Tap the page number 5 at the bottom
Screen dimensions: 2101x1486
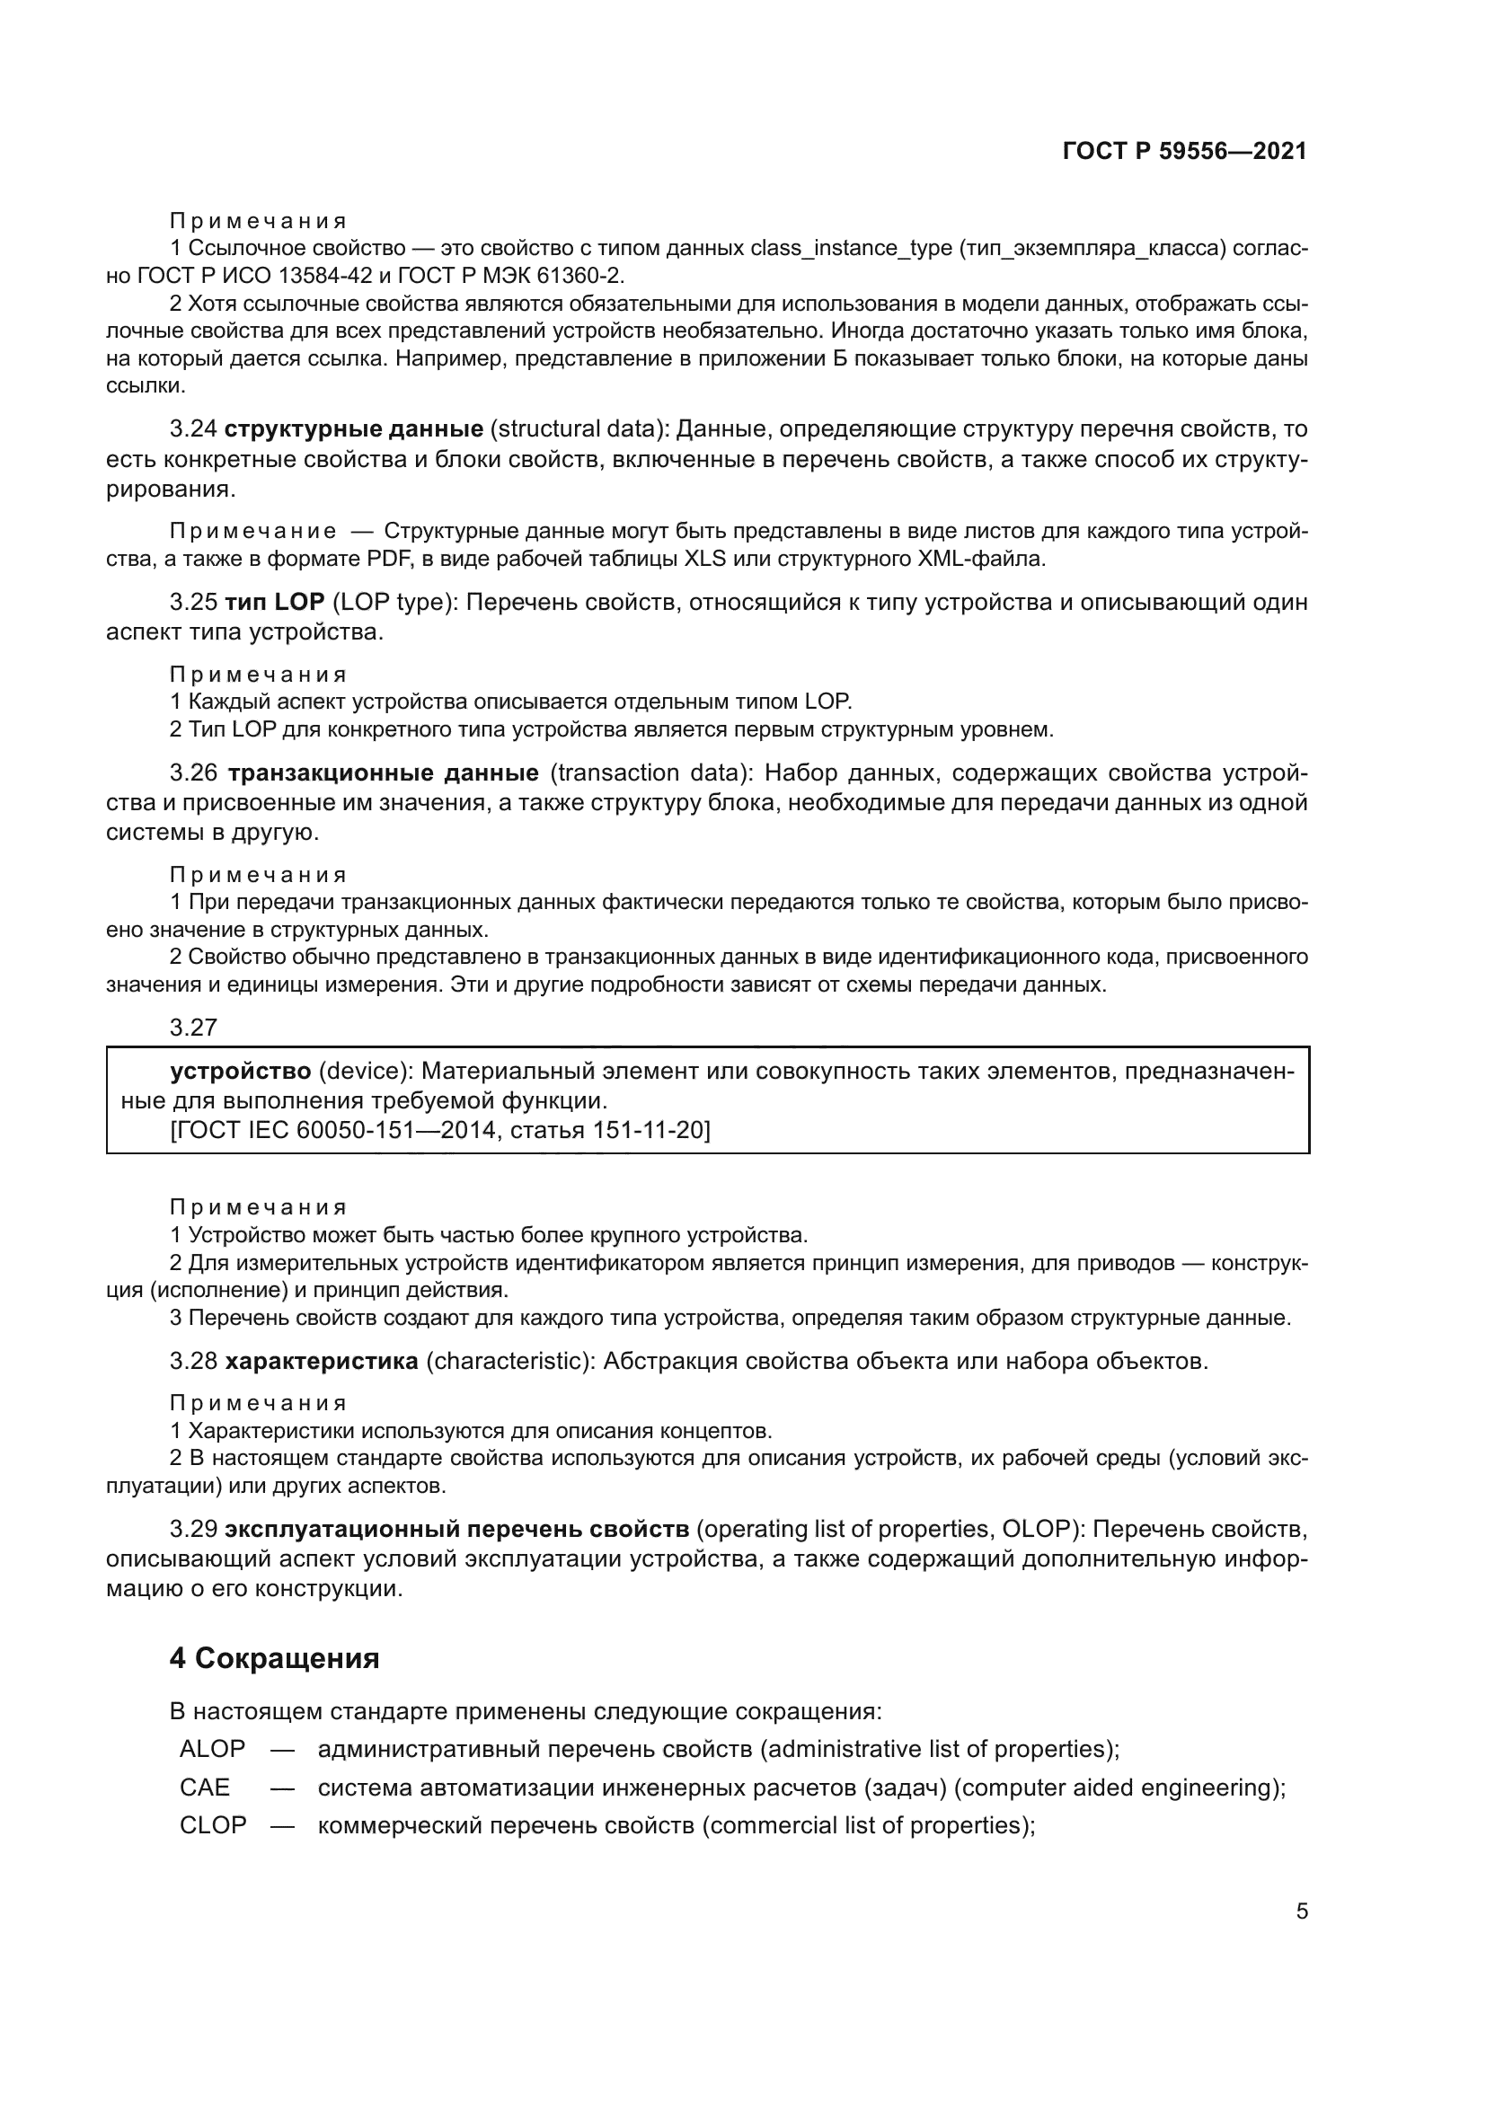[x=1301, y=1911]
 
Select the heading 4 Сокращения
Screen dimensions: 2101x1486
[x=275, y=1658]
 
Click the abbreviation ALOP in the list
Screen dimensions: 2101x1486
[x=212, y=1749]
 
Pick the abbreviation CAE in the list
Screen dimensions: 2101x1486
[x=205, y=1788]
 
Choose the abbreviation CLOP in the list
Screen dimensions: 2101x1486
[x=213, y=1824]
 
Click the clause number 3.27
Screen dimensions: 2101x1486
[x=193, y=1028]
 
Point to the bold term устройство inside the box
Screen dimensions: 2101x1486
[x=241, y=1071]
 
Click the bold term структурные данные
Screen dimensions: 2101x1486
[x=354, y=429]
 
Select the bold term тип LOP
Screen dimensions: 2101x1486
[x=275, y=602]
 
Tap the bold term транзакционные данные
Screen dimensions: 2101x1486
[x=383, y=773]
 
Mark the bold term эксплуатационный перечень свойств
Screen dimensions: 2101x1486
[x=456, y=1529]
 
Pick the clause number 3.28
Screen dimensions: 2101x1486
[x=193, y=1362]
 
